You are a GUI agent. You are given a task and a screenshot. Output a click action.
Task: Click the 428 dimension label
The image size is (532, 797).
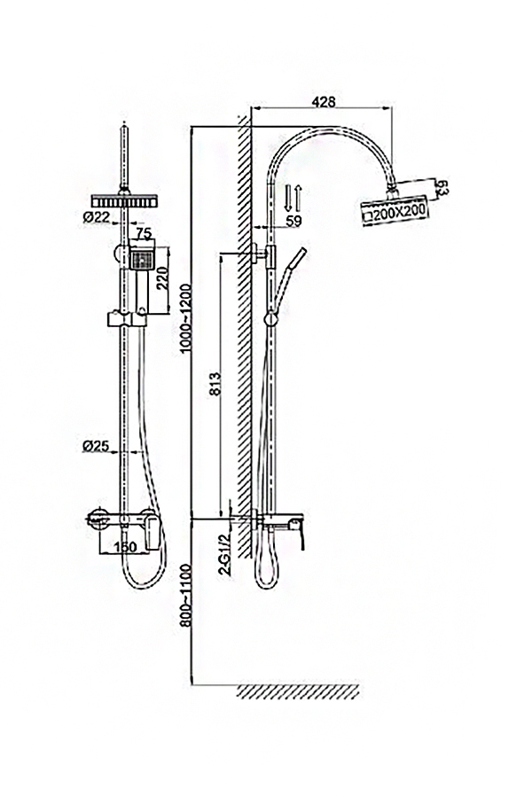[x=324, y=102]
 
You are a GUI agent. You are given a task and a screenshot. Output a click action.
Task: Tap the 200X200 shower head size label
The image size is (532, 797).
[x=395, y=212]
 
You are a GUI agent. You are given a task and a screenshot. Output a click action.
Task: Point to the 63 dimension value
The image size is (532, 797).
[x=444, y=189]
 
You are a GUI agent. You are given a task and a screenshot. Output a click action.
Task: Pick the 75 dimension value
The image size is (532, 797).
[x=144, y=234]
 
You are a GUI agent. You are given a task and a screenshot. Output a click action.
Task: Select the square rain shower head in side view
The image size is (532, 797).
[x=395, y=202]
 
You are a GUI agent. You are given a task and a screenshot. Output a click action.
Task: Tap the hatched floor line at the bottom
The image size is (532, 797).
[x=298, y=691]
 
